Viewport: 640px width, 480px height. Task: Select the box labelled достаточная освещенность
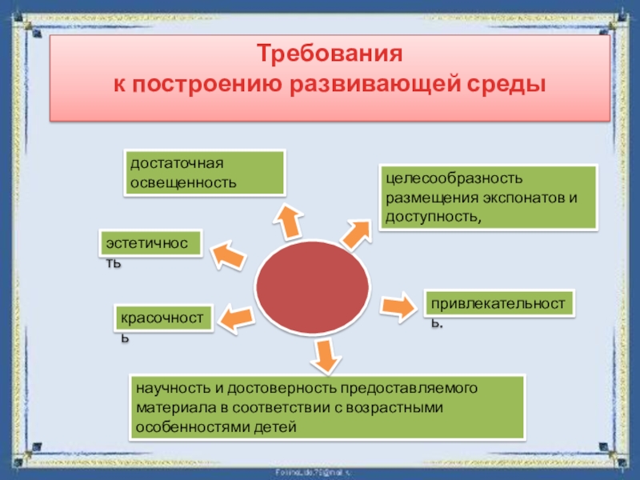click(x=204, y=173)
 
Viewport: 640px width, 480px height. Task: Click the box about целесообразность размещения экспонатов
click(x=488, y=197)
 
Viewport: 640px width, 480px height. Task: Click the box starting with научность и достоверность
click(x=326, y=407)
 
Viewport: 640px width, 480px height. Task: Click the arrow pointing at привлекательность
click(x=396, y=306)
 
